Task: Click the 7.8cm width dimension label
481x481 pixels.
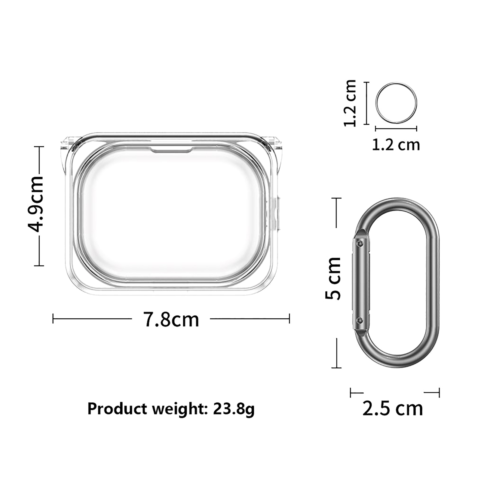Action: [171, 319]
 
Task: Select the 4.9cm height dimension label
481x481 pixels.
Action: [36, 204]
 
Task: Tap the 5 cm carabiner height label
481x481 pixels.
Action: [333, 278]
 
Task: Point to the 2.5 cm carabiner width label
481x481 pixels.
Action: [393, 409]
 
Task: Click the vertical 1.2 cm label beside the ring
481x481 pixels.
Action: [350, 103]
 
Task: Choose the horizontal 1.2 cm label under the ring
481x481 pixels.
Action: [396, 145]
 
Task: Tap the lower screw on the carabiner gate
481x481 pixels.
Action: [359, 320]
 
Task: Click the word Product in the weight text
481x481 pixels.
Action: [117, 409]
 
